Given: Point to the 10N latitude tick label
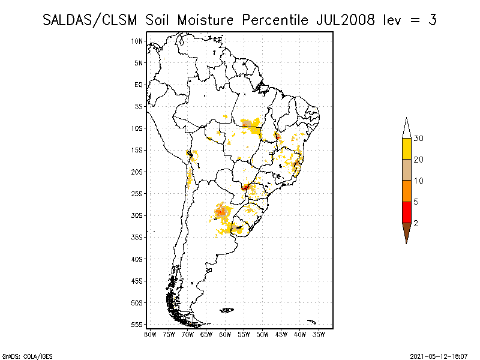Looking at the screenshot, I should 137,41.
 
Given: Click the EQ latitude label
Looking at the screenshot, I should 139,85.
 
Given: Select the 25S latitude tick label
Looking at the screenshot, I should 137,194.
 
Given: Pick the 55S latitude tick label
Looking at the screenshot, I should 137,325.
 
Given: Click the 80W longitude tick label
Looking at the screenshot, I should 150,334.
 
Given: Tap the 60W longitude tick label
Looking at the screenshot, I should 225,334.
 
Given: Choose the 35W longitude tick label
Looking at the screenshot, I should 319,334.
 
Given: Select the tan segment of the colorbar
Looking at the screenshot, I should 406,170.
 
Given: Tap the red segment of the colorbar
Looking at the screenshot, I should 406,212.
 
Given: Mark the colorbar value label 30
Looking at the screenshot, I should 419,139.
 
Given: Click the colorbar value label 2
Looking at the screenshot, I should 416,223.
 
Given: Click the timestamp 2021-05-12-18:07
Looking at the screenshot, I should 440,356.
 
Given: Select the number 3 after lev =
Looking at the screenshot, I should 432,20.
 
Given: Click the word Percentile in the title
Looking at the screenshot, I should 275,20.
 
